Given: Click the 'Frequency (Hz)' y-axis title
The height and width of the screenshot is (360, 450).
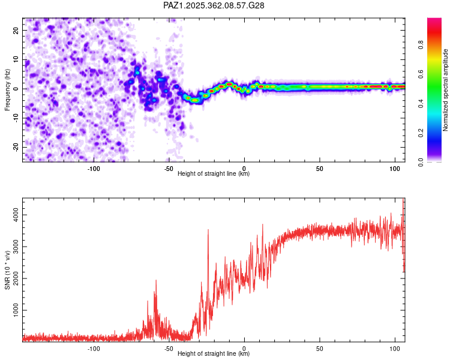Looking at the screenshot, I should click(x=7, y=89).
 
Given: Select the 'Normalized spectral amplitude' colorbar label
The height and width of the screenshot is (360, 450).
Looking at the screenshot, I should click(x=446, y=90).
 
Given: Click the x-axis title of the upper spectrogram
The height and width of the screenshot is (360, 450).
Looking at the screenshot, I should click(x=214, y=173).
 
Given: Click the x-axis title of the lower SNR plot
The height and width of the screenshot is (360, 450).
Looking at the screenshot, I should click(x=214, y=353).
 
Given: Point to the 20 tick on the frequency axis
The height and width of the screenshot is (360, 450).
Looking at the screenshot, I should click(x=17, y=30).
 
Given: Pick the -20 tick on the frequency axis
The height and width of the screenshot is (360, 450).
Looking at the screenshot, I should click(x=16, y=147).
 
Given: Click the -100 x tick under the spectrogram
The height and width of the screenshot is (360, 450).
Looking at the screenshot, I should click(x=94, y=168).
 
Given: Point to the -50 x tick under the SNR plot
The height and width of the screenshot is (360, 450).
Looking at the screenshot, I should click(x=169, y=348).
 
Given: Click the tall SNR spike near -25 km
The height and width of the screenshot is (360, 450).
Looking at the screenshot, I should click(x=208, y=230).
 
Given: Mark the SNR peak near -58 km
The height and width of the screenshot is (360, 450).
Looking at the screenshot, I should click(x=156, y=281).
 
